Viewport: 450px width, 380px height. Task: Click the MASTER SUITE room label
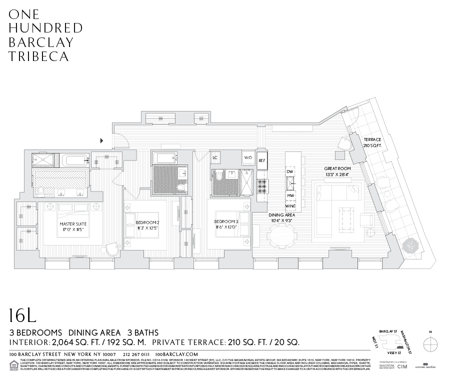[73, 227]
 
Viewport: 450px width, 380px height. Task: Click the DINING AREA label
[282, 218]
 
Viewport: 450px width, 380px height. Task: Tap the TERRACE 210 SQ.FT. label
[372, 142]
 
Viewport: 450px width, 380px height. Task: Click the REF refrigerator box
[261, 160]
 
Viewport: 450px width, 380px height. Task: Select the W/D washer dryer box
[248, 158]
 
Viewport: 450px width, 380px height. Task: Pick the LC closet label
[215, 158]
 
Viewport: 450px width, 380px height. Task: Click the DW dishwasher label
[290, 172]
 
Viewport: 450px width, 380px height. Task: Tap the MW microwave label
[290, 195]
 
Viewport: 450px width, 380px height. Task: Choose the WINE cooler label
[290, 206]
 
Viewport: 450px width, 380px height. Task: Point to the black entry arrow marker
[102, 140]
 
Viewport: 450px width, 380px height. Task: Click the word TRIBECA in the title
[38, 56]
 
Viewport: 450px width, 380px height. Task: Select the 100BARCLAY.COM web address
[177, 354]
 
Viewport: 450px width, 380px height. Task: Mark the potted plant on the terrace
[411, 245]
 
